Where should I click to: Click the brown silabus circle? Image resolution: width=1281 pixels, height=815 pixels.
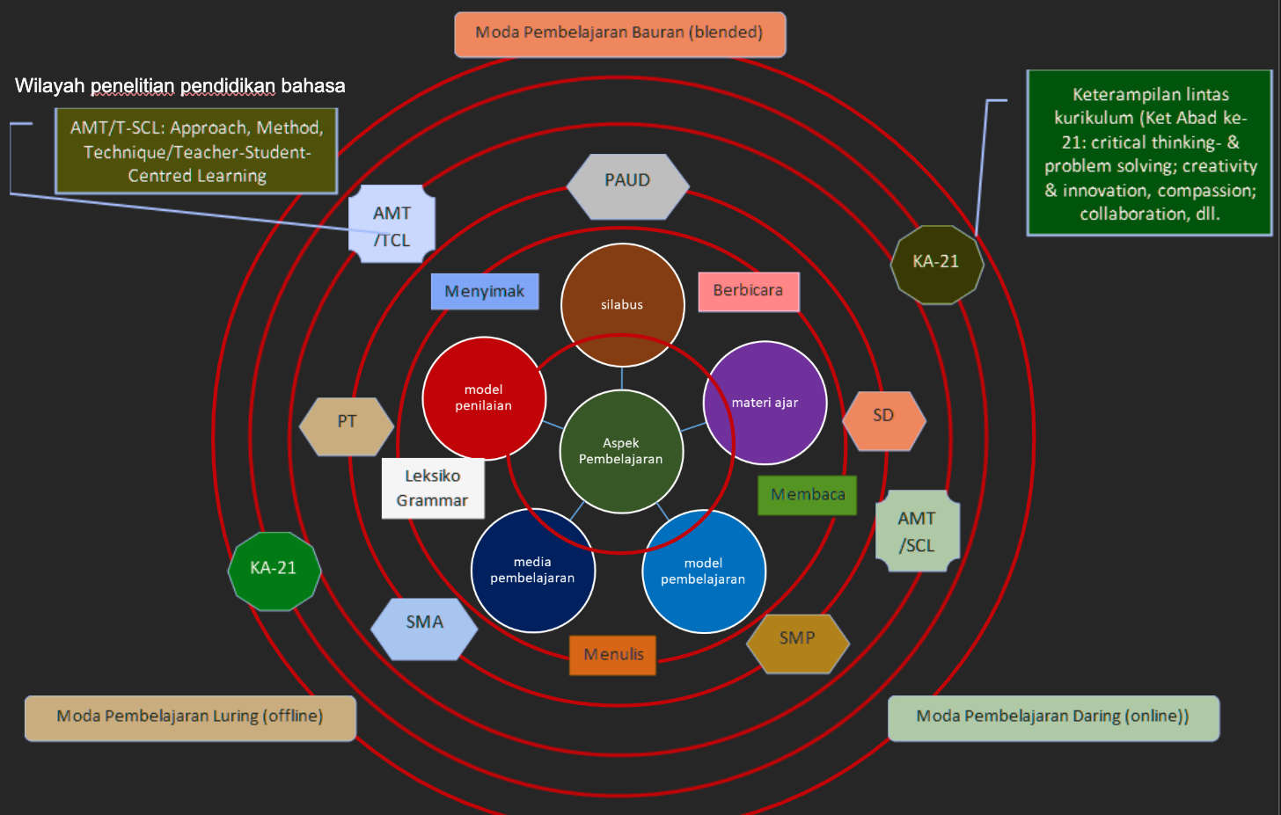622,304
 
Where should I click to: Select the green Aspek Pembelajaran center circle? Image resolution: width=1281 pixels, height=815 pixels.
621,451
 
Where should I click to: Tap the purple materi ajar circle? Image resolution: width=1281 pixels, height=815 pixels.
765,403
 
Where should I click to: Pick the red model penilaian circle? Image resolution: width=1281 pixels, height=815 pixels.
484,397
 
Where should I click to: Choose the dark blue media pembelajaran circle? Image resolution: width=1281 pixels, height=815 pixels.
532,570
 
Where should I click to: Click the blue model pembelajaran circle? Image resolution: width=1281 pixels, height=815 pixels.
703,571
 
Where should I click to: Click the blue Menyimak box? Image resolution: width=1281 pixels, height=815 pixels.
484,291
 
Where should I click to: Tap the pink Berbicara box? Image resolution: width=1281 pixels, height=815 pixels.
748,291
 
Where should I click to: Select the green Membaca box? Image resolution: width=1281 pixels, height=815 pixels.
807,495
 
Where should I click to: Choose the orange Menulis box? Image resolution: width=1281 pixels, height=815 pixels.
613,655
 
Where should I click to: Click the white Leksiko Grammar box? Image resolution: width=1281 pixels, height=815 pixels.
432,488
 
